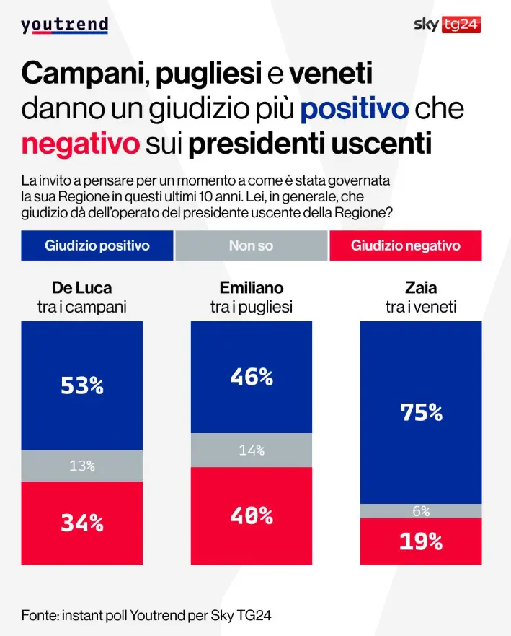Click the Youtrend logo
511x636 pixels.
click(x=64, y=25)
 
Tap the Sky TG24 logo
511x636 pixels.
click(x=447, y=25)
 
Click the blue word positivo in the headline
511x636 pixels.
click(x=355, y=110)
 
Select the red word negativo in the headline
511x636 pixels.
click(x=80, y=143)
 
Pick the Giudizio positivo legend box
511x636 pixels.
click(x=97, y=245)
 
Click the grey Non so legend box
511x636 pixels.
click(x=251, y=245)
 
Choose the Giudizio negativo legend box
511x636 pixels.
click(x=405, y=245)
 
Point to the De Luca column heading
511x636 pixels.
click(x=81, y=287)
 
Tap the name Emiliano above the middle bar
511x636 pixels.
click(x=252, y=287)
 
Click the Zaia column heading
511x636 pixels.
click(x=422, y=287)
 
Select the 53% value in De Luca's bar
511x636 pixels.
click(x=82, y=385)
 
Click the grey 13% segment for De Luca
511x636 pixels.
click(x=82, y=466)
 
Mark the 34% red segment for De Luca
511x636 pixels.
click(x=82, y=523)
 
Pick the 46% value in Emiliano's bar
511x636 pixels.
click(x=252, y=376)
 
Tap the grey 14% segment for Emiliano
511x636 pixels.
click(x=252, y=450)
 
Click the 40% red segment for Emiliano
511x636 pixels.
click(x=252, y=515)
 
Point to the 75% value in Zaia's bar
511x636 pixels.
click(x=422, y=411)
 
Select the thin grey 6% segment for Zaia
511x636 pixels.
click(x=422, y=511)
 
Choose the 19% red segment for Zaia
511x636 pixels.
click(x=422, y=541)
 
